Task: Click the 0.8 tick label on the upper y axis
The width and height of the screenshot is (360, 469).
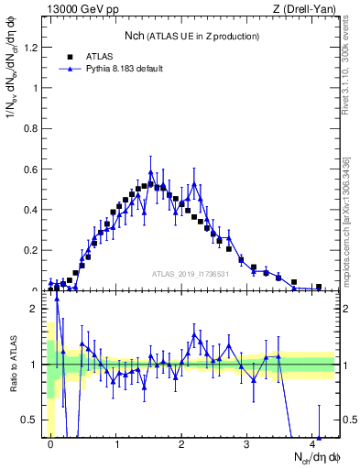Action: [x=34, y=128]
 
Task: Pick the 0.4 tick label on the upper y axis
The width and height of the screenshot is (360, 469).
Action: [x=34, y=209]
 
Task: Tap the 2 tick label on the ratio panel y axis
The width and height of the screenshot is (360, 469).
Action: [x=38, y=309]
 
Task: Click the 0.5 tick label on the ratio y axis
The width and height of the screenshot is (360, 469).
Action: [x=34, y=420]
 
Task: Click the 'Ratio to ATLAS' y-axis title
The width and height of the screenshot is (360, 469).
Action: [x=13, y=366]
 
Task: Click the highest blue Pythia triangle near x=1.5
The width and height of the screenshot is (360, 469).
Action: [x=151, y=171]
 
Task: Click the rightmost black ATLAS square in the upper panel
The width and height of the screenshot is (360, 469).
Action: [x=319, y=287]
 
